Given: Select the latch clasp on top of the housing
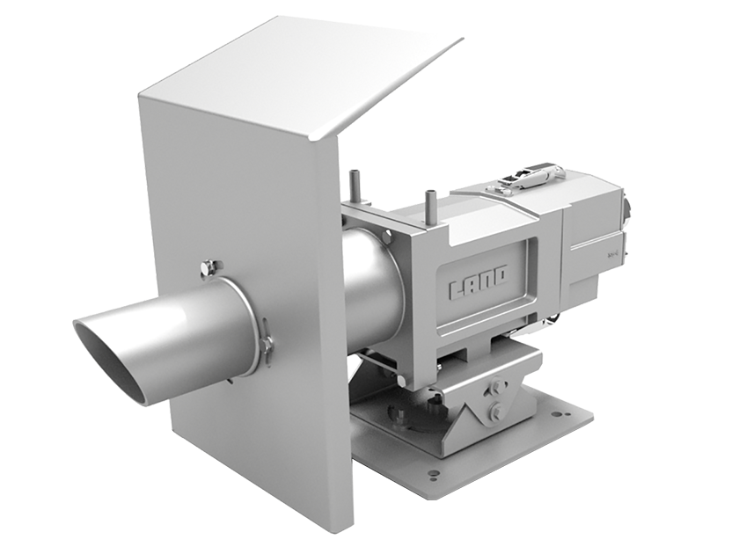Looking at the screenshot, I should tap(527, 178).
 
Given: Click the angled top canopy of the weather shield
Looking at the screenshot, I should tap(299, 75).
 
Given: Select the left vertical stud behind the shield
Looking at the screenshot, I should tap(355, 186).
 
